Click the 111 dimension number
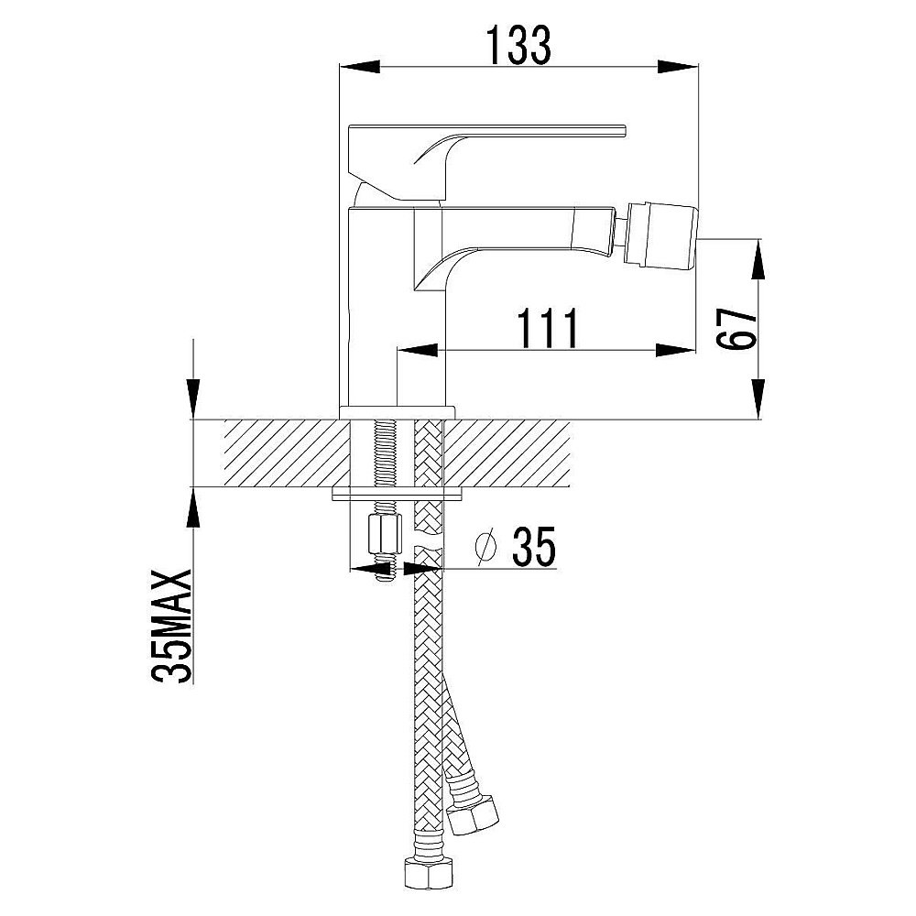(548, 328)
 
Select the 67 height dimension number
(737, 330)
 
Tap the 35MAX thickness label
(172, 626)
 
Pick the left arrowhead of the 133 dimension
(360, 66)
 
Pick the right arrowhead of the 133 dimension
(678, 66)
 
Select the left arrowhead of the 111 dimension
(418, 351)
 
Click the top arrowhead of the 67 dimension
(758, 259)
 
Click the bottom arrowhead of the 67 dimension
(758, 398)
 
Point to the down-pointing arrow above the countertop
(192, 399)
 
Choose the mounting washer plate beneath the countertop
(398, 495)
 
